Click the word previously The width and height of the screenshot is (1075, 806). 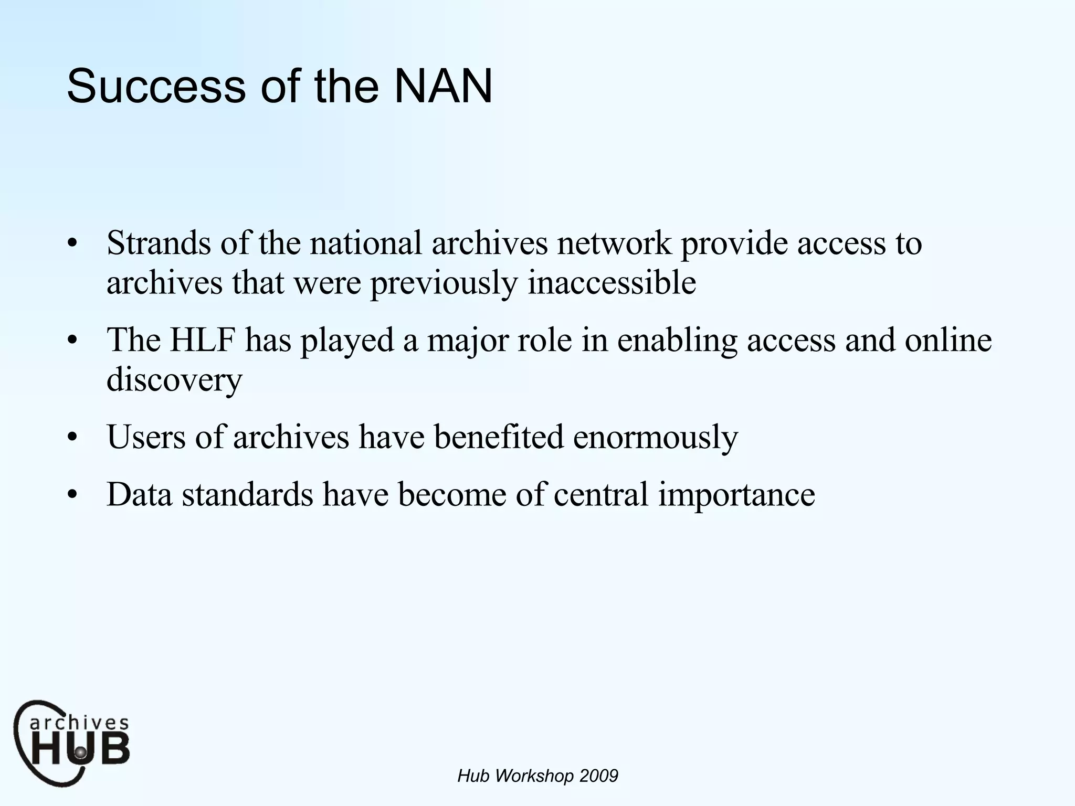[444, 283]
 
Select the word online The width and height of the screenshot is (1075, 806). [948, 340]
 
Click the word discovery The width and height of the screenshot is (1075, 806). [174, 379]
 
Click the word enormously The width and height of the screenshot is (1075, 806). [655, 438]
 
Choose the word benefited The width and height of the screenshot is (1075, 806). [498, 437]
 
